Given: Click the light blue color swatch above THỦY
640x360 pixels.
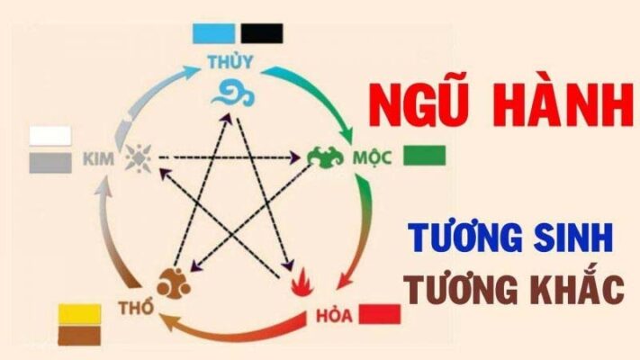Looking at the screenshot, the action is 214,33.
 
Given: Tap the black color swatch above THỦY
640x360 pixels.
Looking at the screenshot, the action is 262,33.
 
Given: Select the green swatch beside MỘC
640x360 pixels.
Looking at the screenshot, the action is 424,156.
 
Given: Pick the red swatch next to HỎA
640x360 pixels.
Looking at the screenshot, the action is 380,314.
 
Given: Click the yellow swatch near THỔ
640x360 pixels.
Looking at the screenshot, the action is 79,314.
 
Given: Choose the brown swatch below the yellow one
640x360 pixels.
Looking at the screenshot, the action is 79,335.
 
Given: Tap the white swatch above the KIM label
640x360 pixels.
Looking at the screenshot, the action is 50,136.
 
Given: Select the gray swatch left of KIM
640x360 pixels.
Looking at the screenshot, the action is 50,163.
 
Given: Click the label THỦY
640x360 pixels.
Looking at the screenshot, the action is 230,62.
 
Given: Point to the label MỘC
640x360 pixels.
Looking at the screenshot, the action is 372,157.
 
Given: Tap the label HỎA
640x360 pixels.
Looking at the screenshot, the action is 334,315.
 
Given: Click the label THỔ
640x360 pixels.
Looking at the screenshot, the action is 136,307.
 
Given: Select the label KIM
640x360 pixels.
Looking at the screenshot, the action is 99,159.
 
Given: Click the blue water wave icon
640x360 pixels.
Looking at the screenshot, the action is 232,94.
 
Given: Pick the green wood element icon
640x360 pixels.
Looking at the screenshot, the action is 325,157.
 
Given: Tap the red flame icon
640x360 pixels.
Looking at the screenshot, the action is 302,283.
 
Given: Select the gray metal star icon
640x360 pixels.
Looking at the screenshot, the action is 139,158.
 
